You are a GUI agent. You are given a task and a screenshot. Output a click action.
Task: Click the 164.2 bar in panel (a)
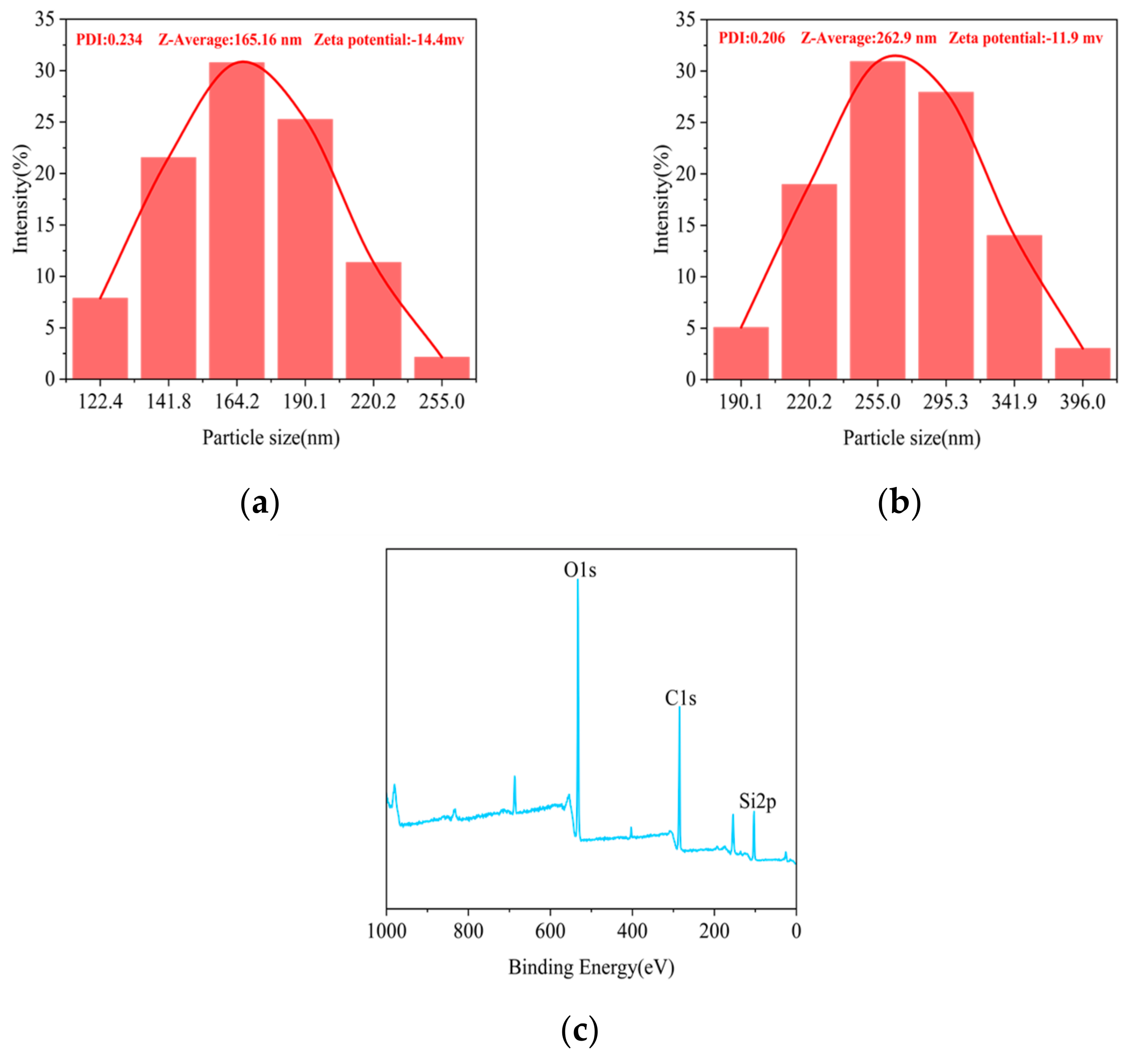click(236, 221)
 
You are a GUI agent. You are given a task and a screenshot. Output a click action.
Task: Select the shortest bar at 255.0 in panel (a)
click(441, 368)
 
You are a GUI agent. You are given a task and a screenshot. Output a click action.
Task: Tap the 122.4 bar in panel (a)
click(100, 338)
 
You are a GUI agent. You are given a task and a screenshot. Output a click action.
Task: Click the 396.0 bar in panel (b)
click(1082, 363)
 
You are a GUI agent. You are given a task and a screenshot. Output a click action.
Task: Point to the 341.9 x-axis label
click(1014, 403)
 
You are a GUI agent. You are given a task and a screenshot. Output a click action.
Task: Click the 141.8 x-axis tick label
click(169, 403)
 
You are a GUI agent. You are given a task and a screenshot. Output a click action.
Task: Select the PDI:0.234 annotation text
click(109, 40)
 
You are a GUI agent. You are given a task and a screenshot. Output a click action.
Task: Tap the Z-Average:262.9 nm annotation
click(869, 38)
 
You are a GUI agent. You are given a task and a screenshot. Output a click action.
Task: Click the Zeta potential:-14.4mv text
click(389, 40)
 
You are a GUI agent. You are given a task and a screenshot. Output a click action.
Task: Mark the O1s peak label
click(580, 570)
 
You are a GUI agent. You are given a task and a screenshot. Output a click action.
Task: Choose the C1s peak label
click(680, 699)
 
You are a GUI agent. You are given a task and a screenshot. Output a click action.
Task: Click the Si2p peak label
click(757, 802)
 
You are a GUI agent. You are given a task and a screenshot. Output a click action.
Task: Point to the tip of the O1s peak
click(577, 580)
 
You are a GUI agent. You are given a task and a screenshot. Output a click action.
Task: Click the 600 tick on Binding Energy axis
click(550, 931)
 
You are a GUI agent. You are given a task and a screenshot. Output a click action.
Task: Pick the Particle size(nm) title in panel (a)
click(271, 437)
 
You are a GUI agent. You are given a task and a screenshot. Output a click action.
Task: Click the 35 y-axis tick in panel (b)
click(685, 20)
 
